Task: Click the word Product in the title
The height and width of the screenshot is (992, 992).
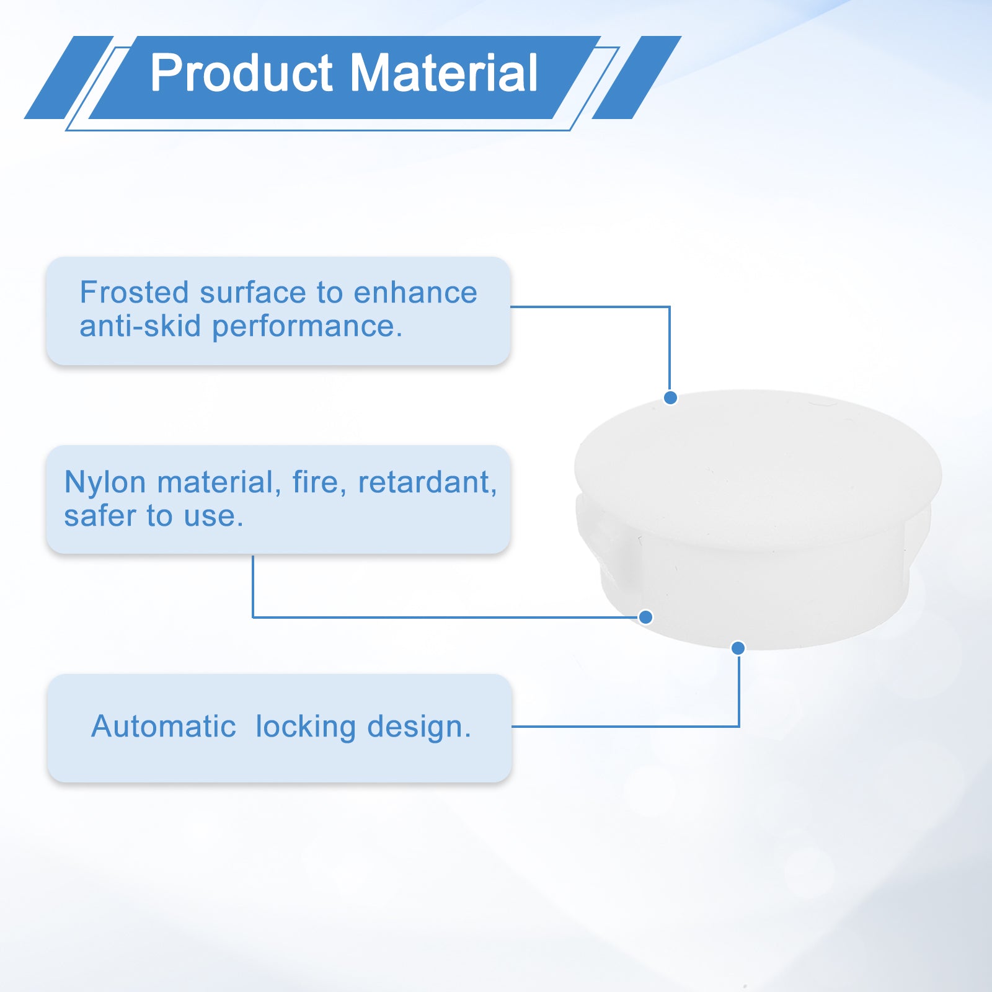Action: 242,73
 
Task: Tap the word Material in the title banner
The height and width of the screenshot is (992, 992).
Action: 444,73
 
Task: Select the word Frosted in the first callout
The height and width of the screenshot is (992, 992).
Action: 134,292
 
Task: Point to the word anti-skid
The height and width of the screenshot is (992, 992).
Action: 140,325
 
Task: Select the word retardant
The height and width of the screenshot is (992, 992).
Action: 427,482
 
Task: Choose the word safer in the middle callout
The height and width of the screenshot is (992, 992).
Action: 99,516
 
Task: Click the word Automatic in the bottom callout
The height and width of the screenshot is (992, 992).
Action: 164,726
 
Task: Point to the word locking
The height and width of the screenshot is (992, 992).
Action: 306,727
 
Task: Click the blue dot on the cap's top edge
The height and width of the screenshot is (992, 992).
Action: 670,397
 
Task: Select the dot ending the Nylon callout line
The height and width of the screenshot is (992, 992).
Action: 645,617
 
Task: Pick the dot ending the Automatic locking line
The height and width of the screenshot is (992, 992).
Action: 738,648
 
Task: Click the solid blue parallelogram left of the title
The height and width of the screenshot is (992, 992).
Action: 69,77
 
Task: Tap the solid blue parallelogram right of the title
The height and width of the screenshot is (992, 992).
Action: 637,77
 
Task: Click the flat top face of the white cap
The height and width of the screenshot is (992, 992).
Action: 758,468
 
